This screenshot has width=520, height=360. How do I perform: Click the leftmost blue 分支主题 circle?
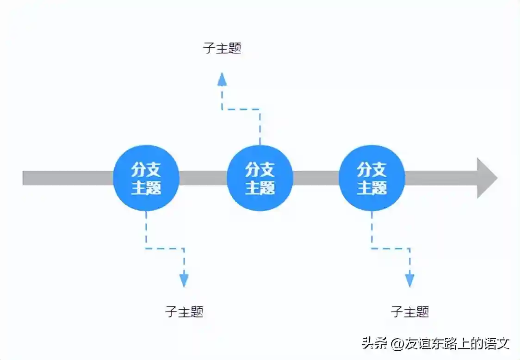[146, 178]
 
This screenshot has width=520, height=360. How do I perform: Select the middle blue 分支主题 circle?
[260, 178]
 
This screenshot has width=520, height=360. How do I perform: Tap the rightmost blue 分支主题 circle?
[372, 178]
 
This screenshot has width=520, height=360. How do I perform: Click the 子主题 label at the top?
[222, 48]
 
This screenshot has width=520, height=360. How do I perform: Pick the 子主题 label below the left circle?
[184, 311]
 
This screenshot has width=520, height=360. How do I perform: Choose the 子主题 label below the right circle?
[410, 311]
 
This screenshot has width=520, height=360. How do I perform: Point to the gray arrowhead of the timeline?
[486, 178]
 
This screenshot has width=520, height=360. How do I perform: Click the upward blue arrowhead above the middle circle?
[222, 79]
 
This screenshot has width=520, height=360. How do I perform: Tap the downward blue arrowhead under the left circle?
[184, 280]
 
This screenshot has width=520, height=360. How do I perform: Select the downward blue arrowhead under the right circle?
[410, 280]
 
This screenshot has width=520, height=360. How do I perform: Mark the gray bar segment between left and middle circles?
[203, 178]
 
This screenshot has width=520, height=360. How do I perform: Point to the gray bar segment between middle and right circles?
[316, 178]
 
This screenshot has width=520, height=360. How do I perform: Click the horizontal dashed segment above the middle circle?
[241, 110]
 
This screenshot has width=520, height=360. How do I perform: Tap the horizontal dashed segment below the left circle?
[165, 248]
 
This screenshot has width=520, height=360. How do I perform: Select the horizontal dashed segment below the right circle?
[390, 248]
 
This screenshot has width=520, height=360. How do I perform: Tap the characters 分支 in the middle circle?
[260, 170]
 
